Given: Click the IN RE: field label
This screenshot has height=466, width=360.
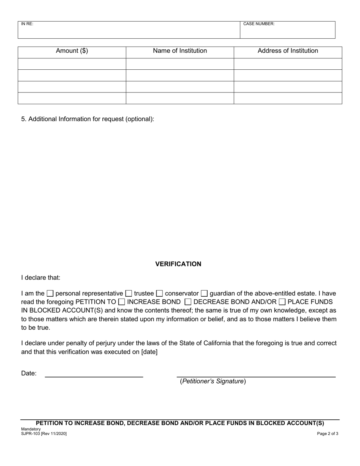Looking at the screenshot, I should point(27,24).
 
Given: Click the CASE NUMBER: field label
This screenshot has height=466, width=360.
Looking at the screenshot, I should point(259,24).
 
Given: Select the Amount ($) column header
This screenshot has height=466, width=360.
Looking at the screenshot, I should point(72,51).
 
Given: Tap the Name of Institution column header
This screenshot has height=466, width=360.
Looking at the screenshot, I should point(180,51).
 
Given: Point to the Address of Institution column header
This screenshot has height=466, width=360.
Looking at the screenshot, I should point(288,51).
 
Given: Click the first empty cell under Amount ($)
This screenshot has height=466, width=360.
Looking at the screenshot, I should point(72,64).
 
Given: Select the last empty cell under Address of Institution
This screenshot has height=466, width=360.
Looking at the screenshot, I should point(288,98).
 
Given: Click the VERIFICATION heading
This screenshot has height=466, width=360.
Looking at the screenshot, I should point(178,264).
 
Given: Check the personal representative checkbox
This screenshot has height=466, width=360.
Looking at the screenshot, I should point(50,293).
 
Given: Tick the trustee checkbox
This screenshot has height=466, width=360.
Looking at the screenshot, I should point(129,293).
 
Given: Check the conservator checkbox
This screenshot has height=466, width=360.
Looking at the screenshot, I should point(160,293).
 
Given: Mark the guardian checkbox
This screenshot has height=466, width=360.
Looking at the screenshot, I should point(204,293).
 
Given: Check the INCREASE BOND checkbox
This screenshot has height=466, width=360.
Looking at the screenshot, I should point(122,302).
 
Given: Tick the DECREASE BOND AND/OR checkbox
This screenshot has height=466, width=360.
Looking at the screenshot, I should point(188,302).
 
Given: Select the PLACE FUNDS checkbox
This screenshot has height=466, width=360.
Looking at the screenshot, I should point(282,302).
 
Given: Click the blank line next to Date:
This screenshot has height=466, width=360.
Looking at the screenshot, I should point(94,374).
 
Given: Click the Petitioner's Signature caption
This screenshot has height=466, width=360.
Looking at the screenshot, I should point(213,382).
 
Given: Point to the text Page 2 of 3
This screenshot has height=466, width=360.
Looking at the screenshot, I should point(327,434).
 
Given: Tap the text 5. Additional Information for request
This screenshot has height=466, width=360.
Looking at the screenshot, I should point(88,119).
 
